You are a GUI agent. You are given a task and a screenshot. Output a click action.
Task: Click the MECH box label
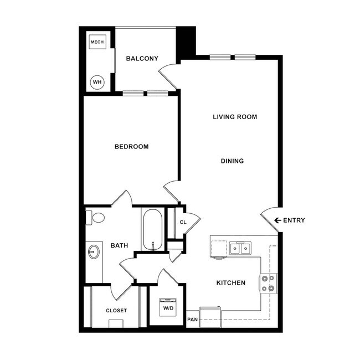[x=97, y=42]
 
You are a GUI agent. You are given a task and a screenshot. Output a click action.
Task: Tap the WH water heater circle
[x=97, y=83]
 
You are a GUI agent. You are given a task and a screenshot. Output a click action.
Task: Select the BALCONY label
[x=142, y=59]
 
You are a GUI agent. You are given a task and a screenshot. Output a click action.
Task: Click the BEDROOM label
[x=131, y=147]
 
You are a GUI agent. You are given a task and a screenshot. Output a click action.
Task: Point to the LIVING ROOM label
[x=235, y=117]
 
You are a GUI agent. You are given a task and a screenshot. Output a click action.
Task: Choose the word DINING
[x=233, y=161]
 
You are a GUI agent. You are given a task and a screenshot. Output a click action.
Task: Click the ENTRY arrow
[x=277, y=220]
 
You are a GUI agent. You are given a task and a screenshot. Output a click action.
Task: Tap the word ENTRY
[x=294, y=220]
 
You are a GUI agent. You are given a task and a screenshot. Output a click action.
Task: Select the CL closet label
[x=183, y=223]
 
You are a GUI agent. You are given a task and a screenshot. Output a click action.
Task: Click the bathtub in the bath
[x=152, y=229]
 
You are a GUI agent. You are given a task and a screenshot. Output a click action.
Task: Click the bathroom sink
[x=94, y=253]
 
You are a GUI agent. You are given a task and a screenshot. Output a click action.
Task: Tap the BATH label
[x=120, y=245]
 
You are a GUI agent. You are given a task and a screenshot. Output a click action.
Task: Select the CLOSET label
[x=116, y=311]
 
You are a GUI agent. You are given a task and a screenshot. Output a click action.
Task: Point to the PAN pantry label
[x=192, y=320]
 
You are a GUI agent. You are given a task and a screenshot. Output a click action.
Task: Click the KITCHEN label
[x=230, y=283]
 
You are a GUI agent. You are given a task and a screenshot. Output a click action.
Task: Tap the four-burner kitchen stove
[x=269, y=283]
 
